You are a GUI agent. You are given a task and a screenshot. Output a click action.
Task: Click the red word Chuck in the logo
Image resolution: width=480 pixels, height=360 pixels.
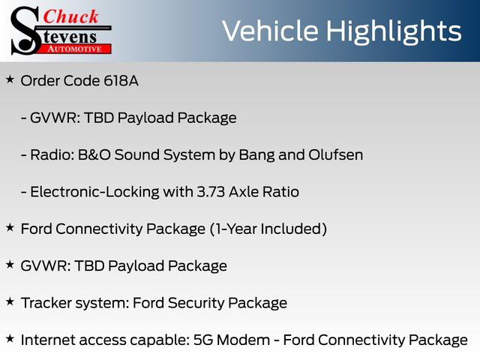(x=70, y=16)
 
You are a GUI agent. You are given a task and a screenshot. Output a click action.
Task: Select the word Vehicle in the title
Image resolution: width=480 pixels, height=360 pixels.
(x=270, y=31)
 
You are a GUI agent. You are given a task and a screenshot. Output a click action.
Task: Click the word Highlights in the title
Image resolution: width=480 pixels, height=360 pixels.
(x=393, y=32)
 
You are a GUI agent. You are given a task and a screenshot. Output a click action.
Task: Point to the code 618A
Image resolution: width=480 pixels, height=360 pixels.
(x=121, y=81)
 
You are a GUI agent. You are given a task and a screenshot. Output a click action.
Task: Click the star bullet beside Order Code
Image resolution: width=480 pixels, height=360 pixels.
(x=10, y=79)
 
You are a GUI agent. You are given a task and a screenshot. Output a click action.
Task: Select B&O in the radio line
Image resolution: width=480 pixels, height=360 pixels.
(x=94, y=155)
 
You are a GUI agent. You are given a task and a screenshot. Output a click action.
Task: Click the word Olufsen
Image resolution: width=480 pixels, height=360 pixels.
(x=335, y=155)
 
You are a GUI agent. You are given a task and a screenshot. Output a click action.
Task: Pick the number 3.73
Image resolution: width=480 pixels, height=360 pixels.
(x=211, y=192)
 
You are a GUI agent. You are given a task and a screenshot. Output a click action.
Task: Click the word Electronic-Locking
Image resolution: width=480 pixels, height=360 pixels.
(x=94, y=192)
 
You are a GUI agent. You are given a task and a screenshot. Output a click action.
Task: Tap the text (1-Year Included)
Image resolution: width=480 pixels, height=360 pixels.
(x=268, y=229)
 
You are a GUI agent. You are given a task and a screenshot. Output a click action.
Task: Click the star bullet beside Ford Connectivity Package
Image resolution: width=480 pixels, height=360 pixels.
(x=10, y=228)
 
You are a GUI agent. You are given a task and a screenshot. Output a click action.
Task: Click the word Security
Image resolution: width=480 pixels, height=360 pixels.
(x=196, y=303)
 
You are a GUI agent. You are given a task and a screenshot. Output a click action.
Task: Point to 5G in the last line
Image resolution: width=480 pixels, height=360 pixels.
(x=203, y=340)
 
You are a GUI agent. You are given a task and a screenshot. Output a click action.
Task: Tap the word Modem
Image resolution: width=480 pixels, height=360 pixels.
(x=243, y=340)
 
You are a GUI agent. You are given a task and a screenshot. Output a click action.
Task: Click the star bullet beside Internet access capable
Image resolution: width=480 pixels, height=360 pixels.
(x=10, y=339)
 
